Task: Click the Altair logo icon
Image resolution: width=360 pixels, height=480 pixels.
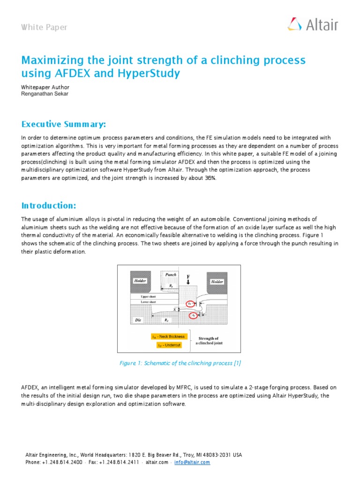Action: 294,24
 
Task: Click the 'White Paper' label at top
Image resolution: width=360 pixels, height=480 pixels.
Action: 44,27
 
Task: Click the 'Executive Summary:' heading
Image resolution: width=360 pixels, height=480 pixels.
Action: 63,124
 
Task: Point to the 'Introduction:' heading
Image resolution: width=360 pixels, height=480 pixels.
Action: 49,206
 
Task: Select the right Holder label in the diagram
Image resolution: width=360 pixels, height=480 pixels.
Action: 217,282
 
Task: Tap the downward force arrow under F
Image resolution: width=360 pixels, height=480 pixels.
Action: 188,283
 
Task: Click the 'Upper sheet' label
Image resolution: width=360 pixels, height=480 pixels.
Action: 148,297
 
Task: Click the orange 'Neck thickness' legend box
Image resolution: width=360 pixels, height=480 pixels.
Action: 168,337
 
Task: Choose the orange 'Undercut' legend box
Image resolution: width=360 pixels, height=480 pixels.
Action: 168,345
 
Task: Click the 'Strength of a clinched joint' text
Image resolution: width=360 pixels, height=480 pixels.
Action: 209,340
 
